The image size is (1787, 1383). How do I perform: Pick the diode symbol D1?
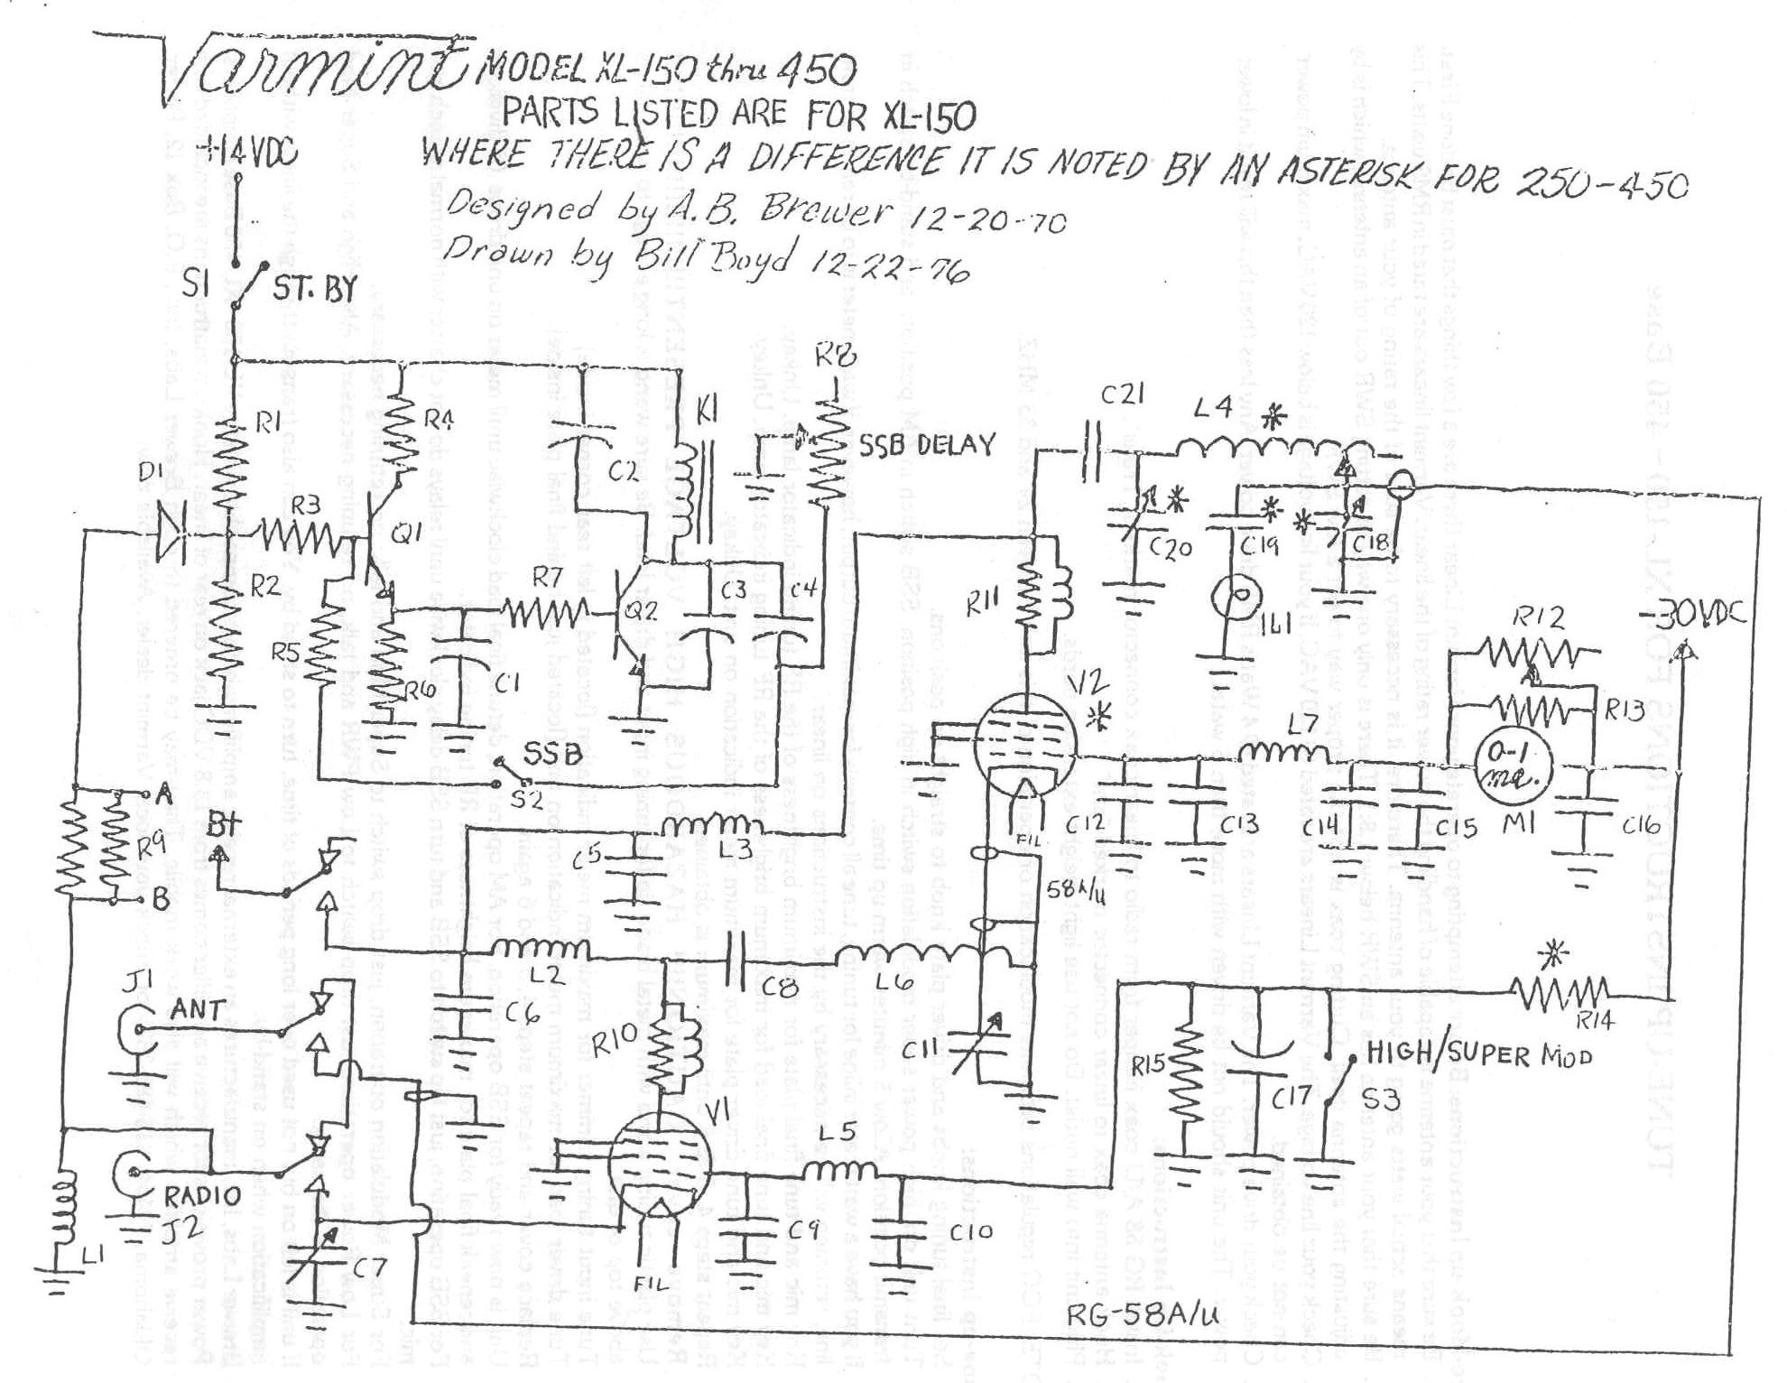tap(172, 531)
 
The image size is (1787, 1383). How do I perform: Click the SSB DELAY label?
tap(926, 444)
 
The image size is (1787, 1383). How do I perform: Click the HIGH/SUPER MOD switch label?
tap(1479, 1053)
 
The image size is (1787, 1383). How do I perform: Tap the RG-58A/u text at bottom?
tap(1143, 1313)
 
